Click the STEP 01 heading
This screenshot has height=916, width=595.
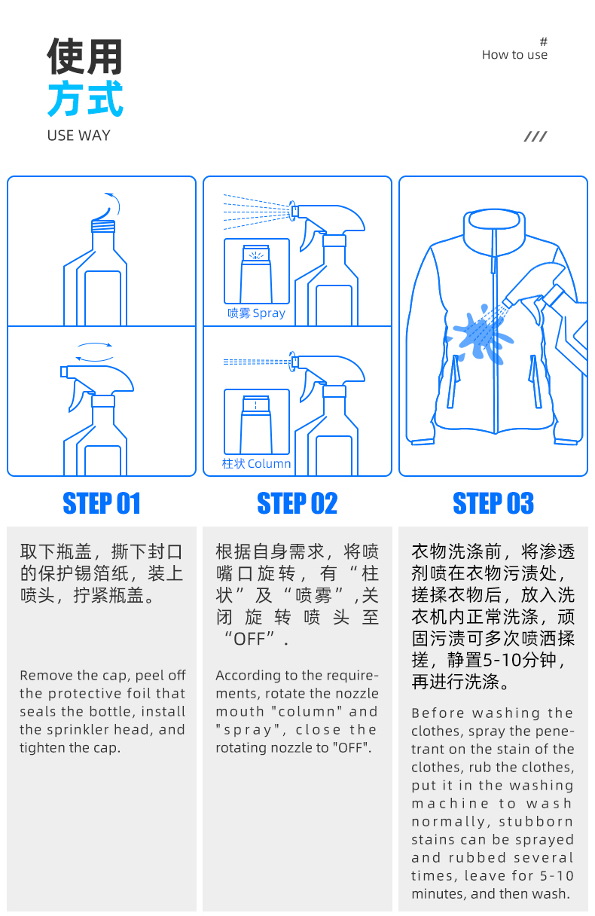(102, 503)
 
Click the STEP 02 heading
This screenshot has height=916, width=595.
(297, 503)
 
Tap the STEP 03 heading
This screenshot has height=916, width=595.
(493, 503)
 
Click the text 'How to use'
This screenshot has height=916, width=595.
(514, 55)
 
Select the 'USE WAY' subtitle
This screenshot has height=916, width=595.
(78, 136)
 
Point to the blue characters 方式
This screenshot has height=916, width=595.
(85, 99)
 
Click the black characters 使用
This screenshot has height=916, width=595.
(84, 56)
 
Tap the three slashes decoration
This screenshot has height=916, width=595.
(535, 136)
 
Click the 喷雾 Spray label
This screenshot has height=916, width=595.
(256, 313)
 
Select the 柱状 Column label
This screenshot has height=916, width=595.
(256, 464)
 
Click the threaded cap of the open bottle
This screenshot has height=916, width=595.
(103, 226)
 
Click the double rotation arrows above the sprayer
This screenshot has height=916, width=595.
(94, 352)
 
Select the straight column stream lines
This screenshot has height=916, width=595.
(257, 362)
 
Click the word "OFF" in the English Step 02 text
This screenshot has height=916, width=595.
(350, 748)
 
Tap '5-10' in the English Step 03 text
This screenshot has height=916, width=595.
(557, 875)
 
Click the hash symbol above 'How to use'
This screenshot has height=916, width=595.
(544, 41)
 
